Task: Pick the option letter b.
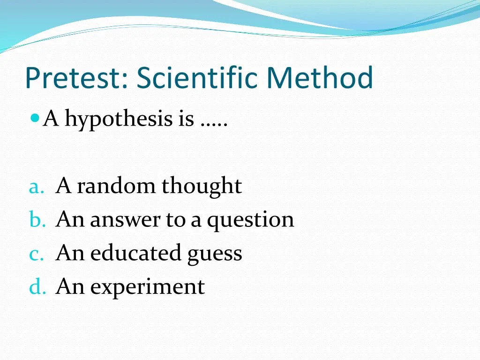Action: coord(37,220)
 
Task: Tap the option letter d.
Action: coord(37,287)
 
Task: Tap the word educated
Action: coord(135,253)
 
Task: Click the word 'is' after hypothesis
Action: coord(186,119)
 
